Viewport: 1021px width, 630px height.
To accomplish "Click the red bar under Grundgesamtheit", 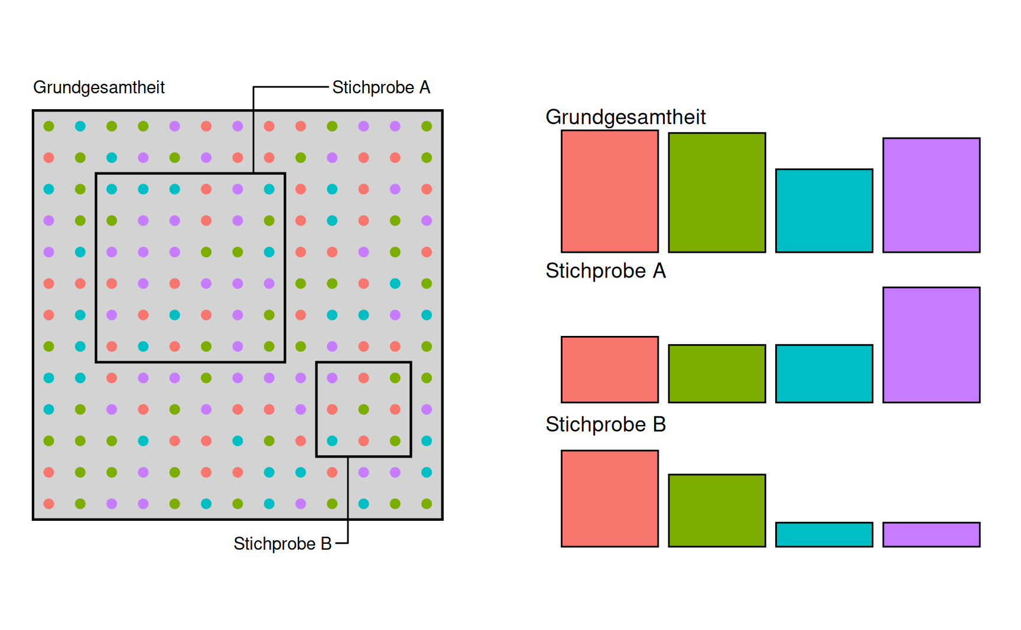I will click(x=609, y=191).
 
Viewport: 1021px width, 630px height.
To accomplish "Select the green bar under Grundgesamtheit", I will click(x=717, y=192).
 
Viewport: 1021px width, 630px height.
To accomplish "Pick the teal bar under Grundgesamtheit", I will click(x=824, y=211).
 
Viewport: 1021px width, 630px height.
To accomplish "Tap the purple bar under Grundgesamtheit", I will click(x=931, y=195).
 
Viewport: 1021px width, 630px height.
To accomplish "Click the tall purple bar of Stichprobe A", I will click(x=931, y=345).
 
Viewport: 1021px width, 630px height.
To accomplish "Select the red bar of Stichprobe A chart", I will click(x=609, y=370).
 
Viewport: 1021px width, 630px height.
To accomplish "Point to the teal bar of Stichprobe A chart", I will click(x=824, y=374).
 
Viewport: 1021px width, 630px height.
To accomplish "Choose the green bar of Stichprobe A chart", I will click(x=717, y=374).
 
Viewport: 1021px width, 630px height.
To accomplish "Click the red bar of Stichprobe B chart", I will click(x=609, y=499).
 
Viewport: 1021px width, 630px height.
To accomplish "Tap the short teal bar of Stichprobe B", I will click(x=824, y=534).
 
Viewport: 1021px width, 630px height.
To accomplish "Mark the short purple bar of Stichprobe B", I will click(x=931, y=534).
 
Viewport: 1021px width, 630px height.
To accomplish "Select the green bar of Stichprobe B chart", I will click(x=717, y=511).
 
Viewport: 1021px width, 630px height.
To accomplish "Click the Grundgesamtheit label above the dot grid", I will click(x=99, y=87).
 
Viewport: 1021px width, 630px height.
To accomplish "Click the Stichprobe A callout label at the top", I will click(x=381, y=87).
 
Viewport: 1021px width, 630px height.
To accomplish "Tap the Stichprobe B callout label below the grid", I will click(x=282, y=543).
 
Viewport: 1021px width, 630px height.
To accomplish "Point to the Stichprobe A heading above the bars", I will click(x=605, y=271).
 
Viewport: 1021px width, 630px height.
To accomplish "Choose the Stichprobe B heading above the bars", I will click(x=605, y=425).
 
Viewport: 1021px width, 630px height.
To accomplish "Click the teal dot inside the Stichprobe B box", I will click(x=332, y=440).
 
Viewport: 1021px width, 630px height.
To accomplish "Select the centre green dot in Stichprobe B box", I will click(x=363, y=409).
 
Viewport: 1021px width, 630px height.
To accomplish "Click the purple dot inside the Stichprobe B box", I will click(x=332, y=378).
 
